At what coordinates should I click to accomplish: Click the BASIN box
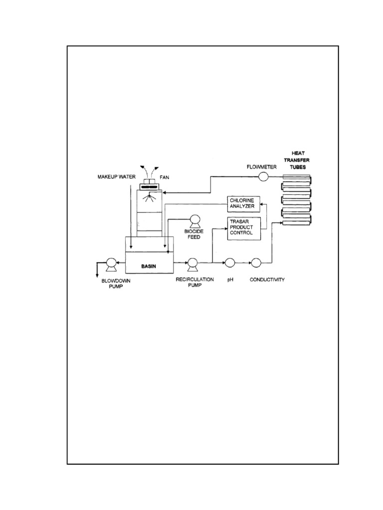pyautogui.click(x=149, y=266)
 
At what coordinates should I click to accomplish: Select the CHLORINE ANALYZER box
pyautogui.click(x=243, y=203)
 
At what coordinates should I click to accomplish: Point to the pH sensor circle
pyautogui.click(x=230, y=262)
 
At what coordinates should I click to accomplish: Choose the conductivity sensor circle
pyautogui.click(x=256, y=262)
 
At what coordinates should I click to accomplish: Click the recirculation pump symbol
pyautogui.click(x=191, y=263)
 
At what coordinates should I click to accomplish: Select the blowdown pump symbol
pyautogui.click(x=111, y=264)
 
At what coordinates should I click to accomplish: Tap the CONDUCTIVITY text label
pyautogui.click(x=267, y=280)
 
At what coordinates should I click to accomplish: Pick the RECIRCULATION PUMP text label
pyautogui.click(x=194, y=282)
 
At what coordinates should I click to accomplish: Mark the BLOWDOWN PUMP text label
pyautogui.click(x=108, y=283)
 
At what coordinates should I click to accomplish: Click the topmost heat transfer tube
pyautogui.click(x=296, y=177)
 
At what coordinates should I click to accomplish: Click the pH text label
pyautogui.click(x=230, y=280)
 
